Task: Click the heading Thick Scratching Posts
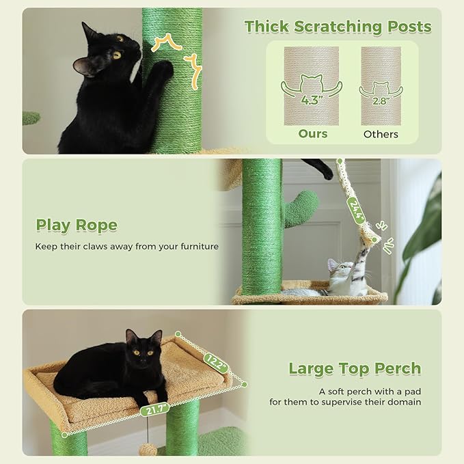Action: [x=338, y=27]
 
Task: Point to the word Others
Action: [x=381, y=134]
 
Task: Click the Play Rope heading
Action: [x=77, y=226]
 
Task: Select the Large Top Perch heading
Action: [x=355, y=369]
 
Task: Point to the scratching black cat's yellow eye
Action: [x=117, y=55]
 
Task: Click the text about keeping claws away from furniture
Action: [x=127, y=246]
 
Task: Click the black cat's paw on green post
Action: [x=163, y=68]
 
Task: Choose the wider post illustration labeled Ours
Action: [x=311, y=85]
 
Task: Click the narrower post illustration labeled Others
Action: [x=381, y=85]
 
